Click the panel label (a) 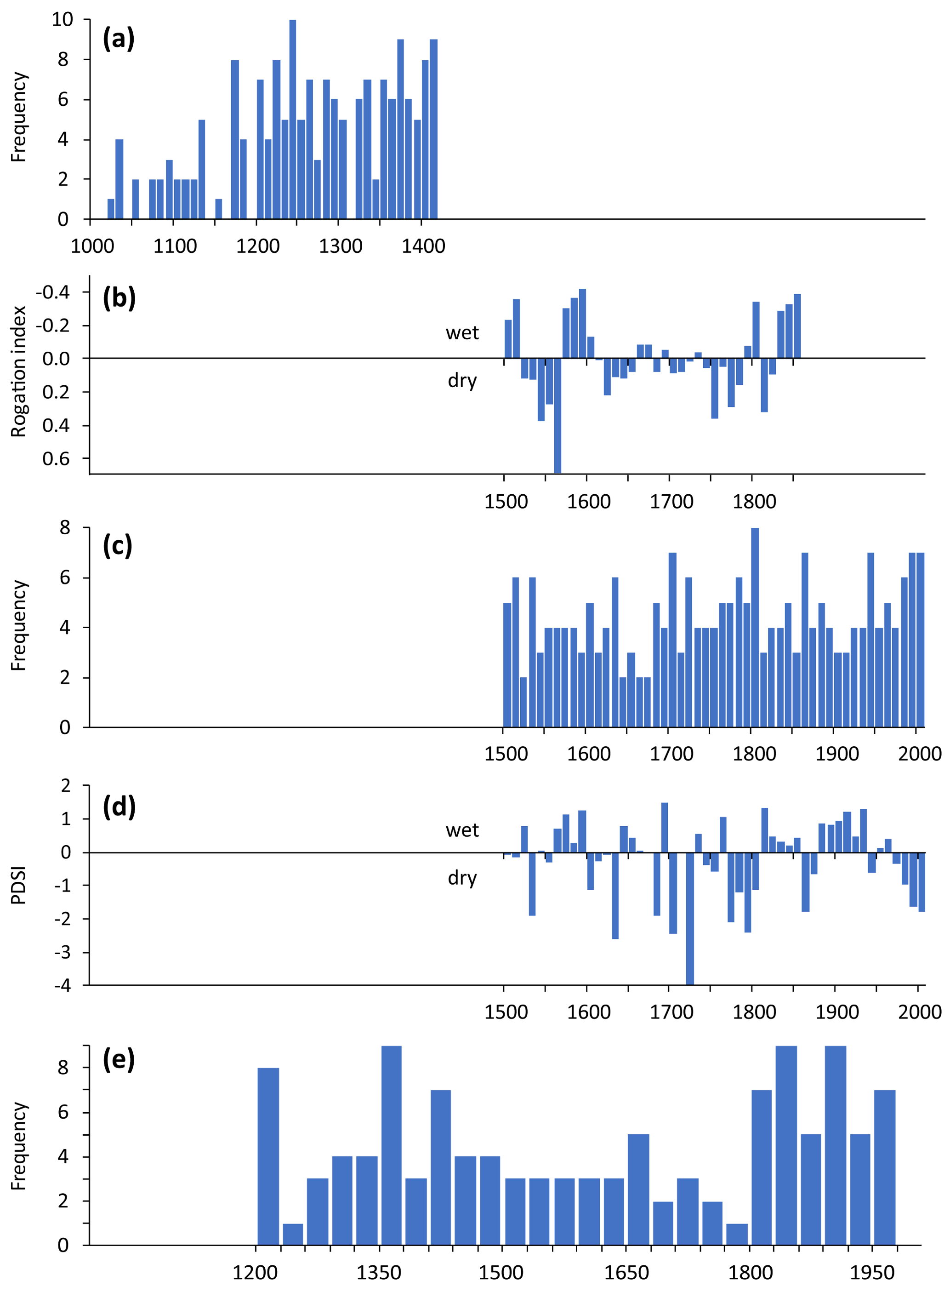coord(119,40)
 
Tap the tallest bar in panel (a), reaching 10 coord(293,119)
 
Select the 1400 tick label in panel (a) coord(423,246)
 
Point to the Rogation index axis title coord(18,372)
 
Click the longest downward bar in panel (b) coord(557,415)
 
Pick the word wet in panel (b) coord(462,332)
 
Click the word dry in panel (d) coord(462,877)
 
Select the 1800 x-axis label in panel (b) coord(754,502)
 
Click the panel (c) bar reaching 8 coord(755,628)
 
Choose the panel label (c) coord(117,545)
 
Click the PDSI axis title coord(18,885)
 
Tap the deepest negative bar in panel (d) coord(689,918)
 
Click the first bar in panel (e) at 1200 coord(268,1156)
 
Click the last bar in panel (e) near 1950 coord(884,1167)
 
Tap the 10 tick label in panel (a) coord(62,20)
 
